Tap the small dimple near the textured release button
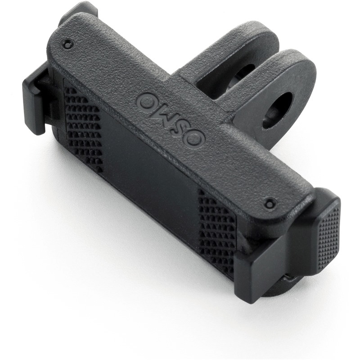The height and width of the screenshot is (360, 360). pos(270,203)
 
